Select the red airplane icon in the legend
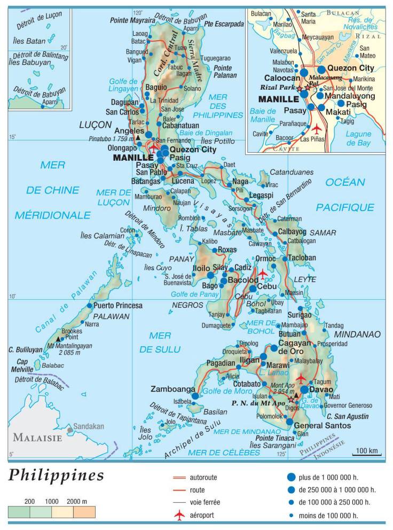pos(180,515)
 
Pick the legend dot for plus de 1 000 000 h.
pos(291,477)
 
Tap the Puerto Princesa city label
pos(118,306)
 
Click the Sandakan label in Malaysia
pos(89,426)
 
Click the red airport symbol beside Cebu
pos(263,275)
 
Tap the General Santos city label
pos(323,425)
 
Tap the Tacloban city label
pos(302,258)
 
